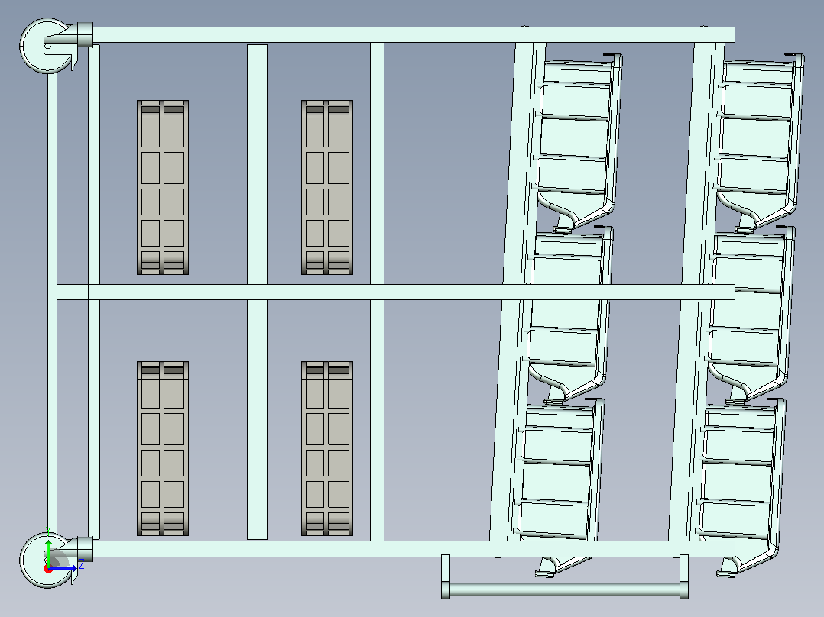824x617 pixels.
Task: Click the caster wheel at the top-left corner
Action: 46,46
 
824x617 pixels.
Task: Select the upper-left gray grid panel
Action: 163,187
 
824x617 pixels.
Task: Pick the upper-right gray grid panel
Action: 327,187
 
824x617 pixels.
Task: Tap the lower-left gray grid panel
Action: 163,448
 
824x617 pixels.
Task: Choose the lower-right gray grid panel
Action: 327,448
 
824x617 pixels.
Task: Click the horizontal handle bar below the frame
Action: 565,590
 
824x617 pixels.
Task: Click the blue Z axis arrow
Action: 63,567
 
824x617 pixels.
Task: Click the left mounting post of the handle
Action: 446,576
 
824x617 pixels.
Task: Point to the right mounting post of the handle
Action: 683,576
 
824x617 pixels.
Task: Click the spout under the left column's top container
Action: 566,223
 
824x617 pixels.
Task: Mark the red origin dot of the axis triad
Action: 48,569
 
